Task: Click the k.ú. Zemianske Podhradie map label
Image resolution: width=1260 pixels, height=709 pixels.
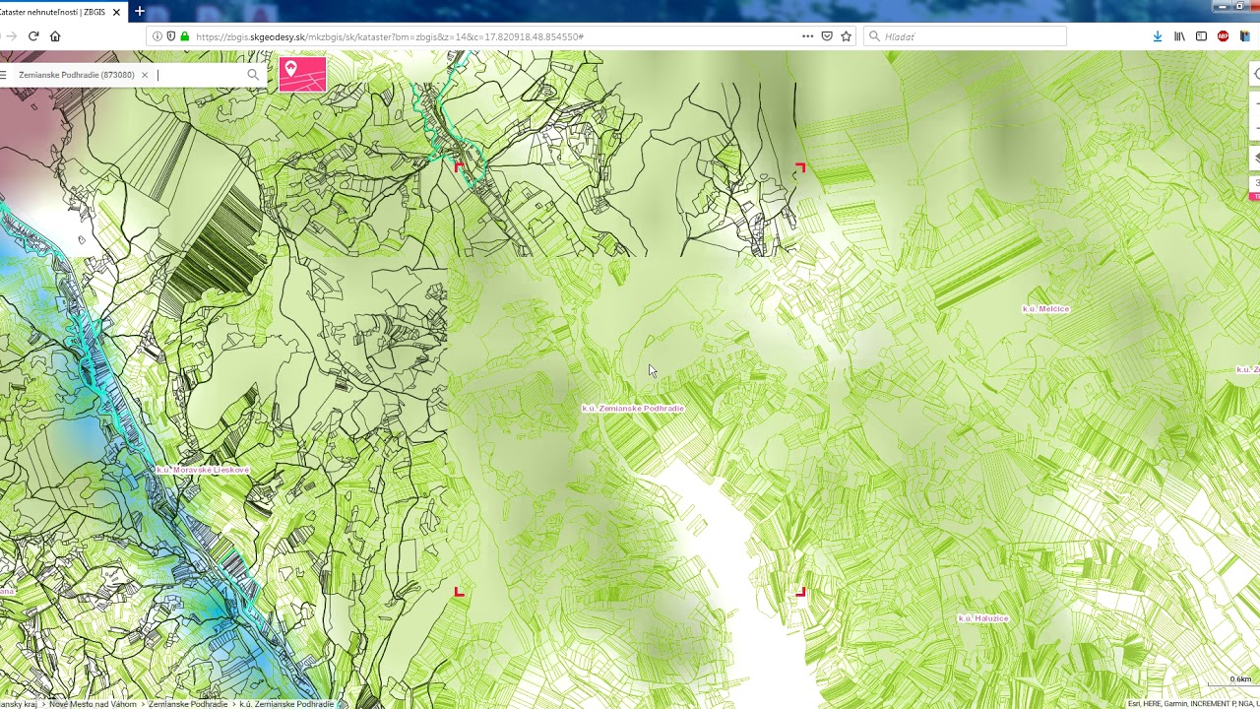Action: (x=633, y=408)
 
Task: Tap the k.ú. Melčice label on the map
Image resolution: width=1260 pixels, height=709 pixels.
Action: (x=1045, y=309)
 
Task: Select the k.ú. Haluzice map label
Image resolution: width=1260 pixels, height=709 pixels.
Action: (x=983, y=618)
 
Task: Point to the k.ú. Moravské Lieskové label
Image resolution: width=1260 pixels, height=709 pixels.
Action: (x=203, y=471)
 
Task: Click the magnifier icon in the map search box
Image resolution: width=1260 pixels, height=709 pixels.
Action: (x=253, y=75)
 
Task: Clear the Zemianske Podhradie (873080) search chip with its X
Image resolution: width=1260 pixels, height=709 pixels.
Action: (x=145, y=75)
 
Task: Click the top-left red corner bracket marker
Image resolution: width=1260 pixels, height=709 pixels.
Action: (x=459, y=166)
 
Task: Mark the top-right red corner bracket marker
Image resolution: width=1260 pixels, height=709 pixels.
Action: (x=800, y=167)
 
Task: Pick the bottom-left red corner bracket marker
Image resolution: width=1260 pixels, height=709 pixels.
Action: (x=459, y=592)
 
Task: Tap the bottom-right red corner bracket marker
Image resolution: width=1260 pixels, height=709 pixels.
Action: (x=801, y=592)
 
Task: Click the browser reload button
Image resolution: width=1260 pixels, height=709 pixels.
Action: (x=33, y=36)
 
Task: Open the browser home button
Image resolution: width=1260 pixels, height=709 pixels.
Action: (x=55, y=36)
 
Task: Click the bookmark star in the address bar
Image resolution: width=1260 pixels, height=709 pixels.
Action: (x=846, y=36)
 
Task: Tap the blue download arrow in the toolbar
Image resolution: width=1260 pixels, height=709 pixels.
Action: (x=1158, y=36)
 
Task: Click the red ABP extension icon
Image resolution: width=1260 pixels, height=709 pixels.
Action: (x=1223, y=36)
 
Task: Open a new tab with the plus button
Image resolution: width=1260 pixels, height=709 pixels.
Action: (x=140, y=12)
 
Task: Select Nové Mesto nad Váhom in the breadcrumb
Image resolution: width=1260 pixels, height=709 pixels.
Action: (x=93, y=704)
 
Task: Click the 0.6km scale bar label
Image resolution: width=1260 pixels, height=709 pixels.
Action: (x=1240, y=679)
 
